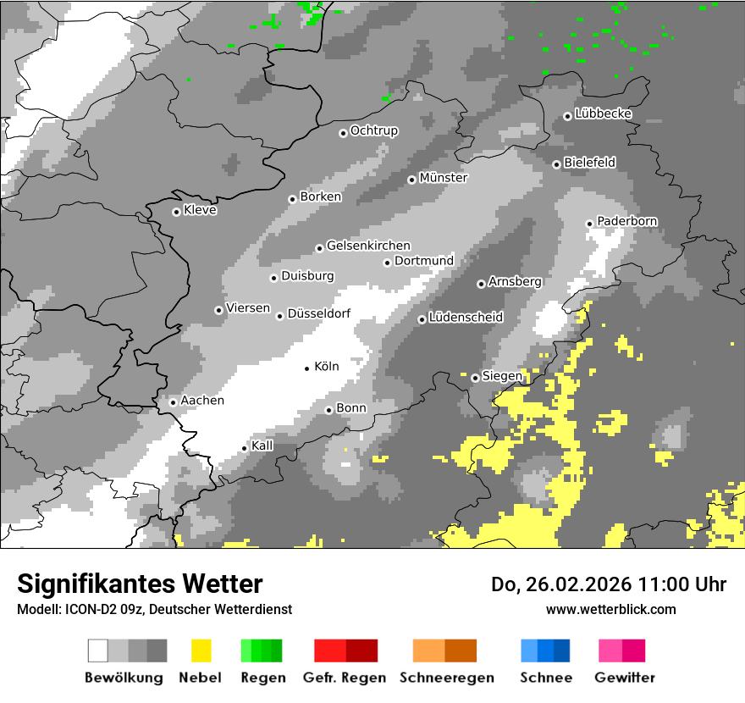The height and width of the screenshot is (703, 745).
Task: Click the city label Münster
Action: pos(443,178)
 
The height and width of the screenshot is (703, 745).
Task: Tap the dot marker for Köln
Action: pos(307,368)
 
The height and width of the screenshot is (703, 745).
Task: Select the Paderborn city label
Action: pos(626,221)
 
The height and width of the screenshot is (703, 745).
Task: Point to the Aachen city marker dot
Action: pos(173,402)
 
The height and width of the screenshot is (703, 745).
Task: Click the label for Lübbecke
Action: pos(603,113)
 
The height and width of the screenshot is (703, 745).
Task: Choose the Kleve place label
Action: pos(200,210)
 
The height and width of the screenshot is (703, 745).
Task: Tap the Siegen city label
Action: pos(502,376)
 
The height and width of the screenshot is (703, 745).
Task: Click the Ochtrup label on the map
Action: pos(373,130)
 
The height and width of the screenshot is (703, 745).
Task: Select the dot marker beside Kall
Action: pos(245,447)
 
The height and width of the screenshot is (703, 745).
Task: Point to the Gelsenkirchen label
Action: pos(368,246)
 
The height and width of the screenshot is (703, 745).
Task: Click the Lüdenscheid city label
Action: pos(466,318)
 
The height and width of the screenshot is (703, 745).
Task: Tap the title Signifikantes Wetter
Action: pos(140,584)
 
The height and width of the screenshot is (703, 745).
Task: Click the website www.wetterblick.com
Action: pos(611,609)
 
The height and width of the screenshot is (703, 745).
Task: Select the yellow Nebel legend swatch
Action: pos(201,650)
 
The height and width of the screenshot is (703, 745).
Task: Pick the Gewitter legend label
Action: pos(625,678)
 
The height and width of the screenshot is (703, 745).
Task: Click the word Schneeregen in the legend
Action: pos(444,678)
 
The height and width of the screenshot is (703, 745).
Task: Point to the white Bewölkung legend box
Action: pos(98,650)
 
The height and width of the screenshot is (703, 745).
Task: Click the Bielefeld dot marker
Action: pos(557,164)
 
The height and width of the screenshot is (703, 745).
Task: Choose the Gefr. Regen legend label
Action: pos(345,678)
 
